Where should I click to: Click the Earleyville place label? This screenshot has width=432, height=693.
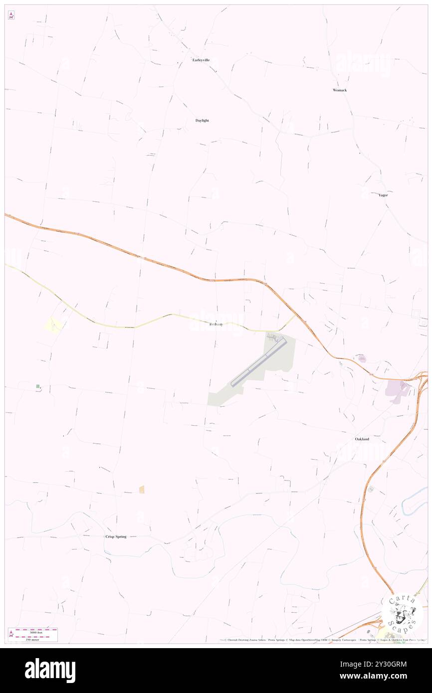tap(201, 60)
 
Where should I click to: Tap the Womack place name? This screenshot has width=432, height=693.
tap(340, 90)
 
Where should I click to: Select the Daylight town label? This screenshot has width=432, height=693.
tap(202, 121)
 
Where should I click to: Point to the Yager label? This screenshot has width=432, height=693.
tap(383, 195)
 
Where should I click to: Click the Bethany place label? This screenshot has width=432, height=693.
tap(216, 324)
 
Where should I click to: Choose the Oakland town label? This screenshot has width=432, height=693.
tap(362, 439)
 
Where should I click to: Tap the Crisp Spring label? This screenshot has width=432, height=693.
tap(116, 536)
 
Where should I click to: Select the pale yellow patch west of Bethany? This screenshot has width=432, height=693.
tap(53, 325)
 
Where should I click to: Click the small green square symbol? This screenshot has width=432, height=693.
tap(37, 386)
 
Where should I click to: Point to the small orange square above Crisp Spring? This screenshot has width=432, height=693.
tap(142, 490)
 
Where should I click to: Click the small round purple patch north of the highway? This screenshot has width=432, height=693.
tap(361, 358)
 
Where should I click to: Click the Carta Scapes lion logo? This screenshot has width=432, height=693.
tap(402, 613)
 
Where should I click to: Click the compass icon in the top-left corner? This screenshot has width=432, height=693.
tap(11, 15)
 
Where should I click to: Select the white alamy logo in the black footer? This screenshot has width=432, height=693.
tap(50, 671)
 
